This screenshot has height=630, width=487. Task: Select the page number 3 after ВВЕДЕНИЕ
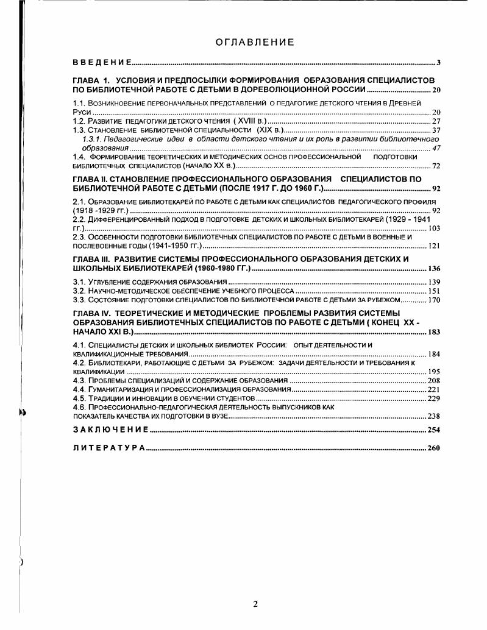coord(438,63)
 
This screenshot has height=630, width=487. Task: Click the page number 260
coord(433,448)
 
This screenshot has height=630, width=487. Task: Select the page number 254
coord(433,430)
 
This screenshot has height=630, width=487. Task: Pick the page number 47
coord(436,148)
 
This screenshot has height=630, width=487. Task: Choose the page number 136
coord(433,269)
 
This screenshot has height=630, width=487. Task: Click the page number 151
coord(433,291)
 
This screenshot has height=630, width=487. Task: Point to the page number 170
coord(433,300)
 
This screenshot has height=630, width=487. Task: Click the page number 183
coord(433,333)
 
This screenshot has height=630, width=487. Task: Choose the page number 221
coord(433,389)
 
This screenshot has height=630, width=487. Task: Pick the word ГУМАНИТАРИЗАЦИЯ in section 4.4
coord(119,389)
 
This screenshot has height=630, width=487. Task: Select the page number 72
coord(436,166)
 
